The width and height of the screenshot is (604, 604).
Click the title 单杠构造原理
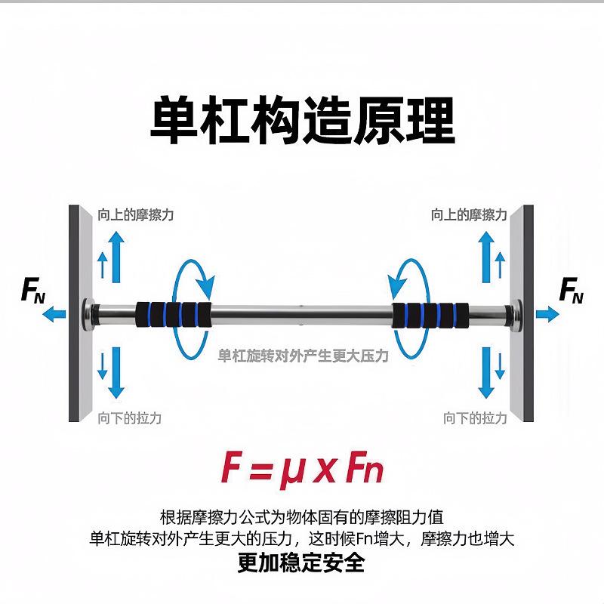coord(303,120)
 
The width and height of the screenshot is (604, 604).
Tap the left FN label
coord(33,290)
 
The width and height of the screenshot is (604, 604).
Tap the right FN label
coord(571,290)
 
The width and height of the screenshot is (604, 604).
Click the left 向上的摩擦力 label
coord(136,215)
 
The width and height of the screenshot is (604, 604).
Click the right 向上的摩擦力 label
coord(468,215)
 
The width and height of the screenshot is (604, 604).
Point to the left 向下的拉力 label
coord(129,418)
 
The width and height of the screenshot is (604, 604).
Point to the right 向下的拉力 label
coord(475,418)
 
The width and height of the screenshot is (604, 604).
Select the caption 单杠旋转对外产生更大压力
coord(303,355)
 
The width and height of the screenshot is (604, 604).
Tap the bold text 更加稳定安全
coord(301,562)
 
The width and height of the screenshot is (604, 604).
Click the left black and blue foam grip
coord(174,312)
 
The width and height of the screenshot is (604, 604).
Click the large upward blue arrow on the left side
coord(116,257)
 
